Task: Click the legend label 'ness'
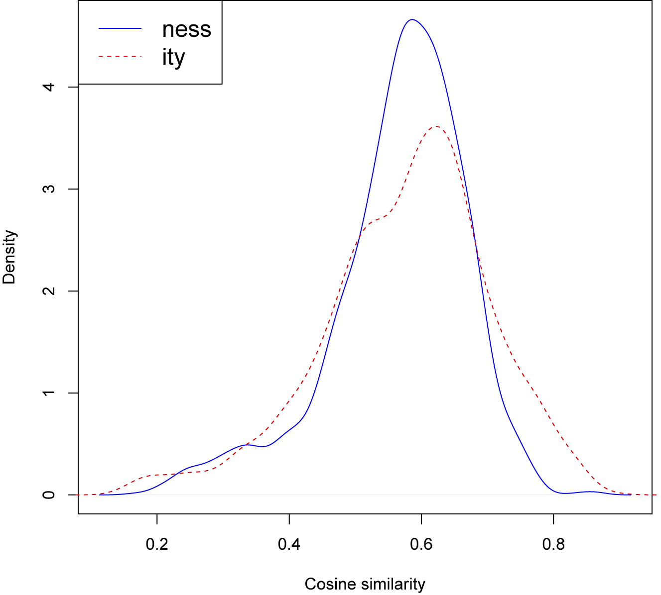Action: coord(187,29)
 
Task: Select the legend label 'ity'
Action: coord(173,58)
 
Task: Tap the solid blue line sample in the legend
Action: coord(121,29)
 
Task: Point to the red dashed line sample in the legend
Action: coord(121,57)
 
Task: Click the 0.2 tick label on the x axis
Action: coord(157,545)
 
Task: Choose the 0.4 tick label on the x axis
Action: coord(289,545)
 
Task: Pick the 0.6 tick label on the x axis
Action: coord(421,545)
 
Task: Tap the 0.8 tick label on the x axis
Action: coord(553,545)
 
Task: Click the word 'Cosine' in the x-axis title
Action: coord(326,584)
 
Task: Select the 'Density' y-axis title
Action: coord(9,257)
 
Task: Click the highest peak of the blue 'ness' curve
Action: coord(412,20)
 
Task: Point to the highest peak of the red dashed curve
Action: coord(436,126)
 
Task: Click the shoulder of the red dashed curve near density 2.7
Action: coord(376,219)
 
